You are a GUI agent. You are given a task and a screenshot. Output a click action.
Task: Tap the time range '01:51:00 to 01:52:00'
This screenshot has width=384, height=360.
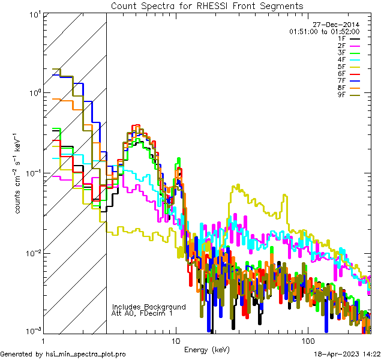coord(324,31)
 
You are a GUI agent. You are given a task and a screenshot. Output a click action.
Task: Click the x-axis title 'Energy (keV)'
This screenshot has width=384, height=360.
coord(205,349)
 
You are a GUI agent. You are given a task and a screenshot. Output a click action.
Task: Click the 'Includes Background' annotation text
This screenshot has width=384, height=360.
coord(149,307)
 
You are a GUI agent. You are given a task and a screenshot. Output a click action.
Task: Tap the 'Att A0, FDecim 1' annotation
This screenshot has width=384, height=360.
coord(142,313)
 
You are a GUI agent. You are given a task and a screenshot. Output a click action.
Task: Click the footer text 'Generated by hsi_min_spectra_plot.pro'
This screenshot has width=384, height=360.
coord(63,355)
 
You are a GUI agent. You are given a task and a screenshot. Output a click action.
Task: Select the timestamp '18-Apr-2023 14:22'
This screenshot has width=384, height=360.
coord(347,355)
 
